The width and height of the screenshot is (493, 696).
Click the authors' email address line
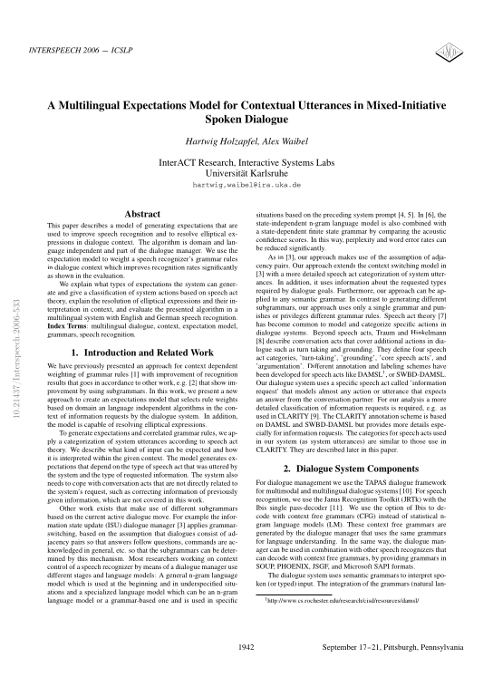[246, 183]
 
